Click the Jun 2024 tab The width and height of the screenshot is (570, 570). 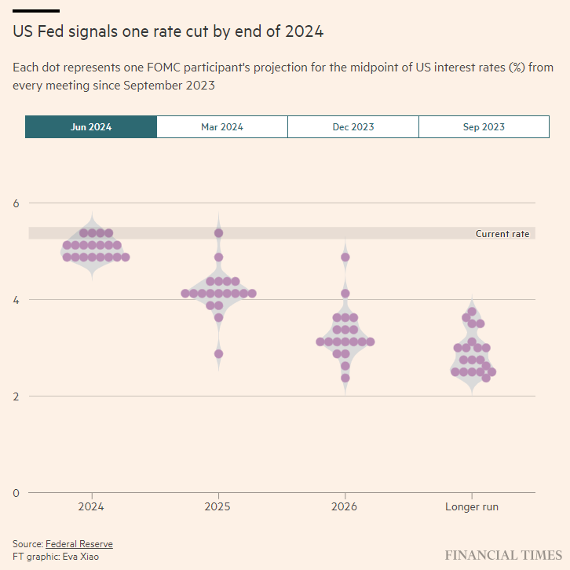click(90, 127)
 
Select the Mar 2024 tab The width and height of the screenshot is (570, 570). click(222, 127)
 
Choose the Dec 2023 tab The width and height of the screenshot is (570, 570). click(353, 127)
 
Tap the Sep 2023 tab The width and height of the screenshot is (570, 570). click(484, 127)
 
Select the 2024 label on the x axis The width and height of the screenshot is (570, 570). click(92, 507)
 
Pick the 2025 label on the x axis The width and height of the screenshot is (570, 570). click(218, 507)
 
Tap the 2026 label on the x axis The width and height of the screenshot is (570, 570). click(345, 507)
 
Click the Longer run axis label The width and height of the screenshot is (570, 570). click(472, 507)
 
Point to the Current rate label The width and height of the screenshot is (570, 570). click(502, 234)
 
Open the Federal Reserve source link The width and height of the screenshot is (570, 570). click(79, 544)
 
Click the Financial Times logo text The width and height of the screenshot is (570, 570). click(503, 555)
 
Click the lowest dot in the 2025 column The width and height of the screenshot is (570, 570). click(219, 354)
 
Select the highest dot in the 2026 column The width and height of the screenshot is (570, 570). click(345, 258)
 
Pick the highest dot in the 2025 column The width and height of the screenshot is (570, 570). click(219, 233)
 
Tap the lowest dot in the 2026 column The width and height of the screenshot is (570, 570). click(345, 378)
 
